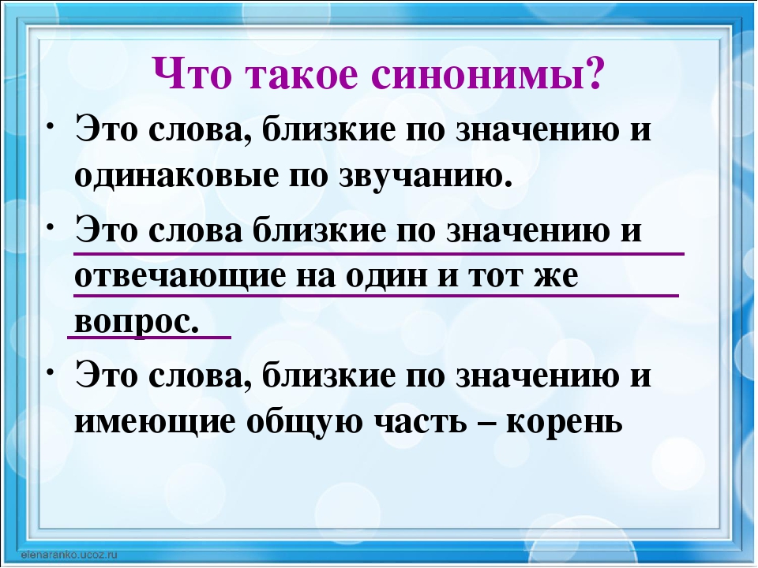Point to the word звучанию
425,176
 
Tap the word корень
564,421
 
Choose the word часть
422,421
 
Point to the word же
556,277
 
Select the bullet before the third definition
50,373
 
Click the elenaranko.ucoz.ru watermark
69,555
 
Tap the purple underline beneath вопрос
149,337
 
